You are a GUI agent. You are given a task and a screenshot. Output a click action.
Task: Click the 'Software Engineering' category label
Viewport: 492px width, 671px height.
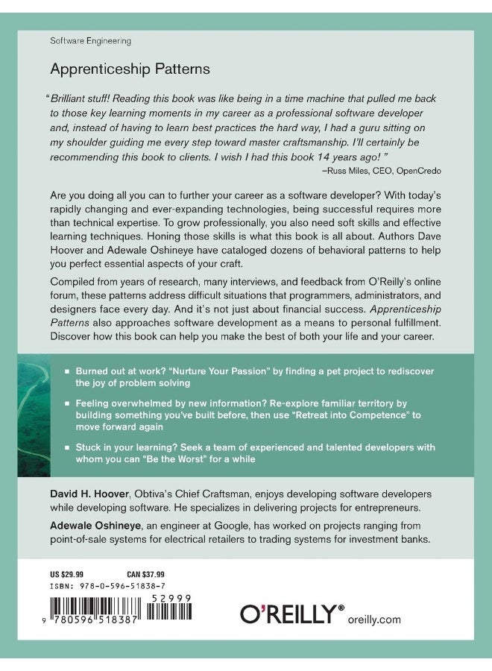90,41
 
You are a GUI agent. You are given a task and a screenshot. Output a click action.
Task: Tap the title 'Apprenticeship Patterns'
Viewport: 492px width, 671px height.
130,69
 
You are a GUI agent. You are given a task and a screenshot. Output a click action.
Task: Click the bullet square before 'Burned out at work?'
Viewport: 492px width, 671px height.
67,371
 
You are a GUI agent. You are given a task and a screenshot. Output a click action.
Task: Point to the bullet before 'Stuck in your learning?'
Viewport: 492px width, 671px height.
67,447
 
